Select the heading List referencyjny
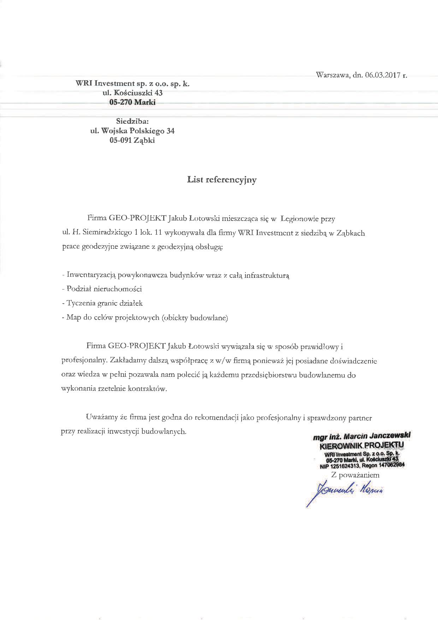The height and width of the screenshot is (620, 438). pyautogui.click(x=222, y=180)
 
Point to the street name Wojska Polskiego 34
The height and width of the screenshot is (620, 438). pyautogui.click(x=138, y=131)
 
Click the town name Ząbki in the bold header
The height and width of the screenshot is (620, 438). pyautogui.click(x=144, y=140)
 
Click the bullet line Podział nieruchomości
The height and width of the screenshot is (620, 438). pyautogui.click(x=102, y=289)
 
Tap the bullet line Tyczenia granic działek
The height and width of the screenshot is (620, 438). pyautogui.click(x=102, y=303)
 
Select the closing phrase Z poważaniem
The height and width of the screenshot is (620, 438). pyautogui.click(x=355, y=475)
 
